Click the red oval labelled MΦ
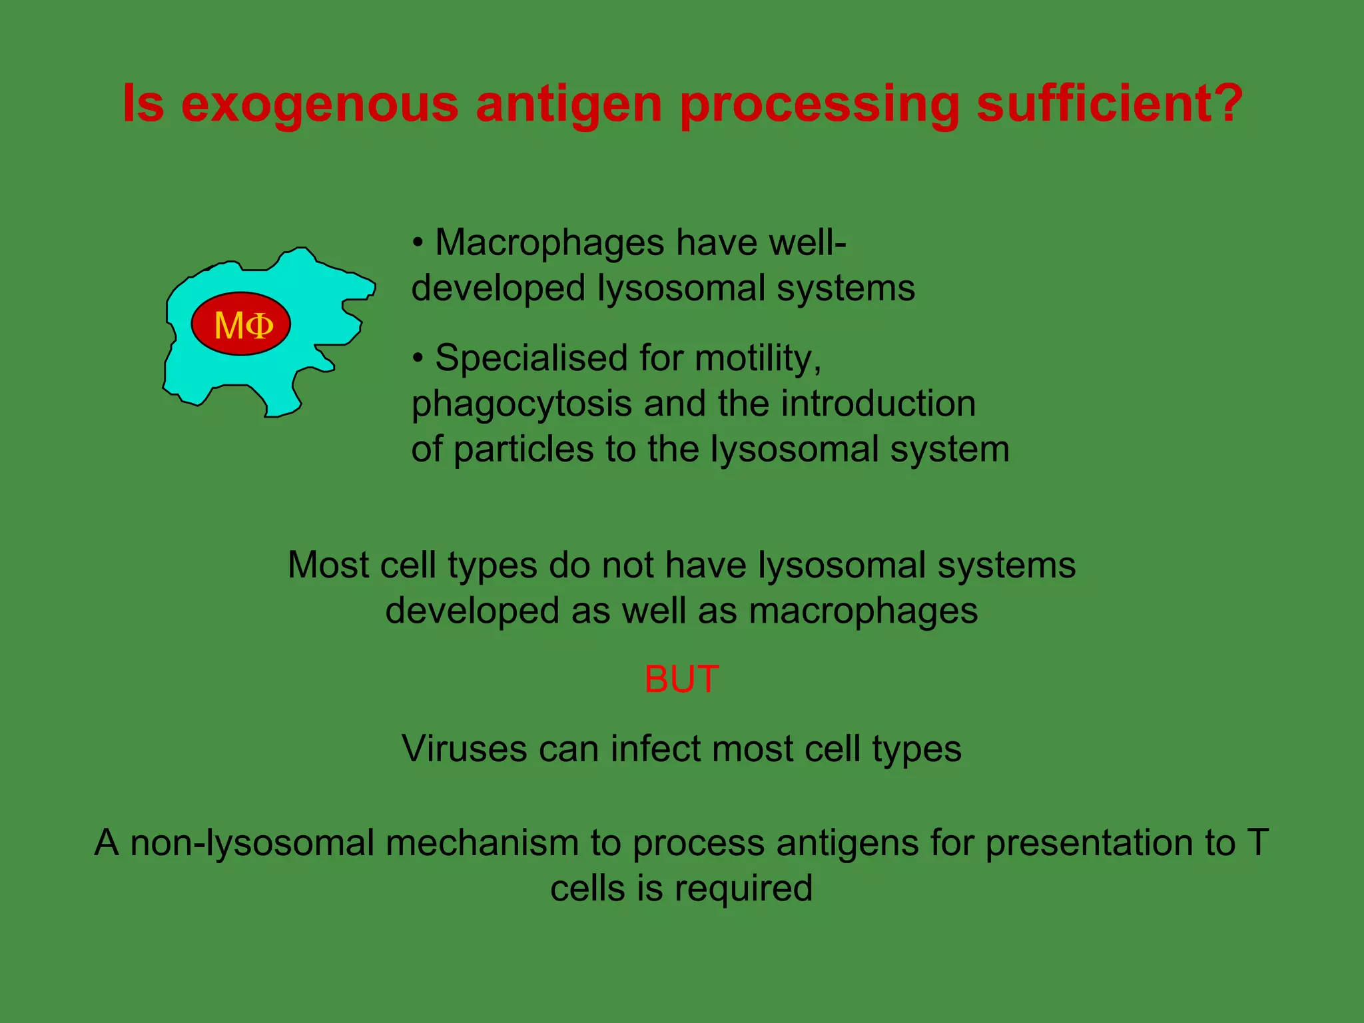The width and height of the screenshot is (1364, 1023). pos(241,324)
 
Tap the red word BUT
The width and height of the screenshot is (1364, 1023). pos(681,679)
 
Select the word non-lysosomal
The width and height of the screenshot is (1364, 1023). pos(252,843)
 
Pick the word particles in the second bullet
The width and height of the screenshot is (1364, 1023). pos(523,450)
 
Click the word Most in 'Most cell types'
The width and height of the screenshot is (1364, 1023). pos(328,565)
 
